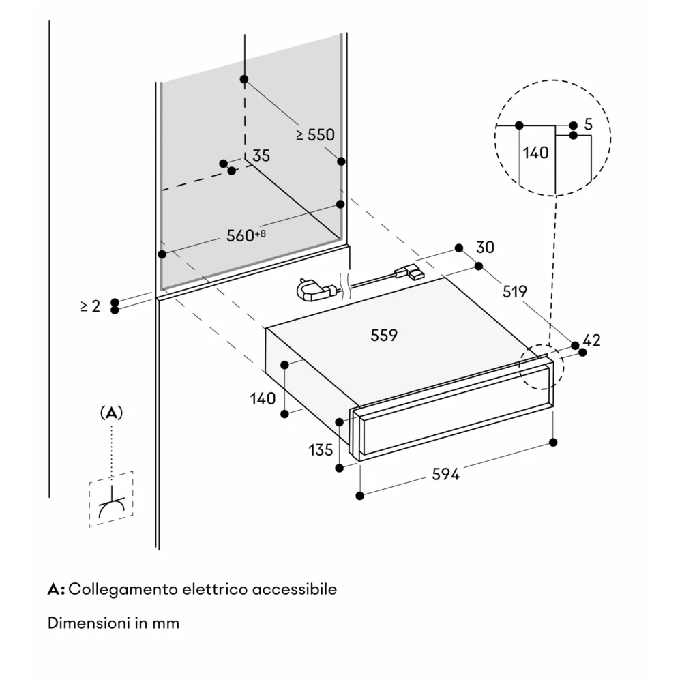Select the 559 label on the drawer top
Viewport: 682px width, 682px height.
point(384,335)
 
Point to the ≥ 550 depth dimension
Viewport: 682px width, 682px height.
point(315,135)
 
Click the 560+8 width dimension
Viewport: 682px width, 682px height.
point(246,236)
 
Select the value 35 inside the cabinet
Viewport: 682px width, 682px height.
point(261,155)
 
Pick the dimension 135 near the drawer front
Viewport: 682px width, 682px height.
point(321,450)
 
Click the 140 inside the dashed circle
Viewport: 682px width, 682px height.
point(535,153)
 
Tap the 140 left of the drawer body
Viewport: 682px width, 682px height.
point(263,398)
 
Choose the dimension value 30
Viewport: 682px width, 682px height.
point(485,247)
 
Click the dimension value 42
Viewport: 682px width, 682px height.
point(592,340)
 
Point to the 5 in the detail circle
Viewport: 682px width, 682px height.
point(588,125)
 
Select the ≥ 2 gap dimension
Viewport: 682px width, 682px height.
point(90,306)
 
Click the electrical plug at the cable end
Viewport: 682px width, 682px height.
point(311,291)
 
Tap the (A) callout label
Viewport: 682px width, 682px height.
point(111,413)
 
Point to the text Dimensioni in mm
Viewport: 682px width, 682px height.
point(114,623)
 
